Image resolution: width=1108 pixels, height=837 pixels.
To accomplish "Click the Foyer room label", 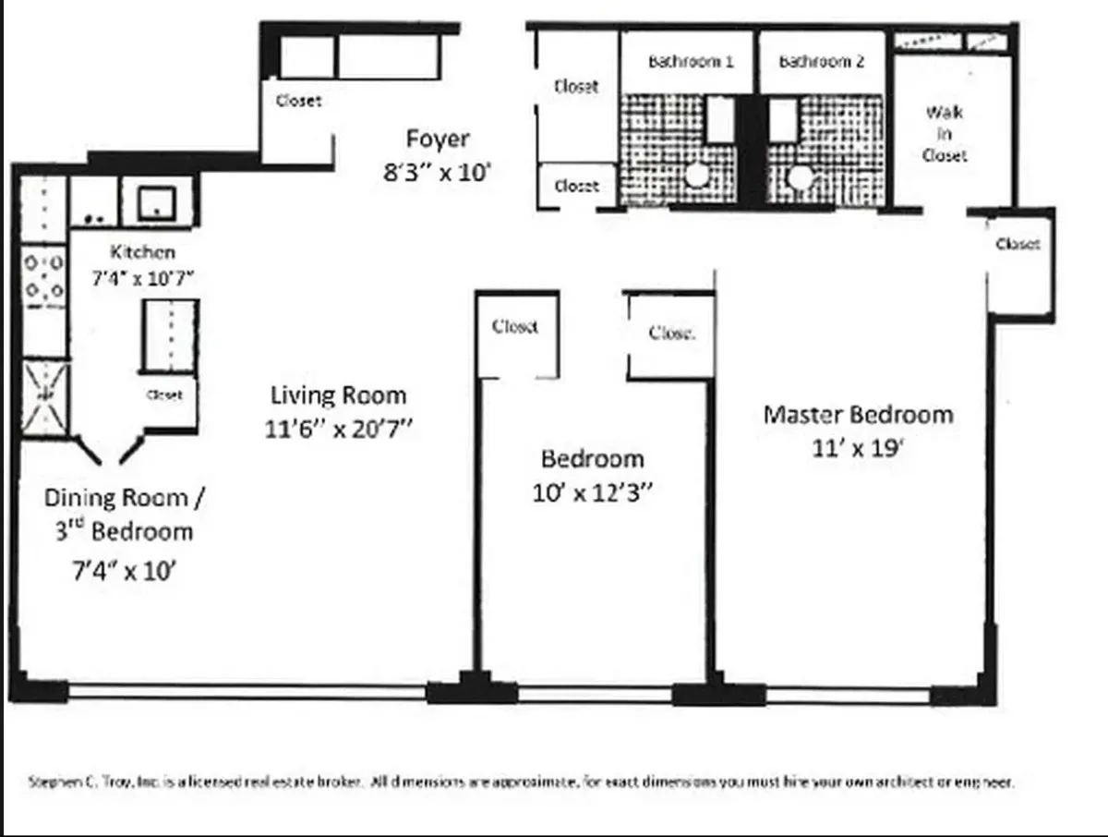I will (438, 139).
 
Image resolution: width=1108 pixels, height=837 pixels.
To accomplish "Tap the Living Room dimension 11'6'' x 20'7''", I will (338, 430).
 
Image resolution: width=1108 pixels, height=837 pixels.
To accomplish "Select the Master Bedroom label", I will (858, 414).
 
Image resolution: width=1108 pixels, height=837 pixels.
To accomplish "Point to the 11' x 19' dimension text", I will (858, 448).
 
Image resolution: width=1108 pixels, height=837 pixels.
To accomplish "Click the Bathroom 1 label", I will (691, 62).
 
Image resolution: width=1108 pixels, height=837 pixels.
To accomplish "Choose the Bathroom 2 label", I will (822, 62).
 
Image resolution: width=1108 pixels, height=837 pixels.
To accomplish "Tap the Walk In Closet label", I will (944, 134).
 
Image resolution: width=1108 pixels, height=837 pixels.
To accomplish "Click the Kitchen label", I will (142, 251).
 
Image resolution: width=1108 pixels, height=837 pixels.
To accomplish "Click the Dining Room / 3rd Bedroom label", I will (125, 514).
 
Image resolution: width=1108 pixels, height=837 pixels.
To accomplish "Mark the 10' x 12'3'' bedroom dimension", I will (592, 493).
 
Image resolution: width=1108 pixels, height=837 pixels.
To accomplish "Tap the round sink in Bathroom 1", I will (699, 175).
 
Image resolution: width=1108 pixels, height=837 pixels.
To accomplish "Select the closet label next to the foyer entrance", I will (298, 101).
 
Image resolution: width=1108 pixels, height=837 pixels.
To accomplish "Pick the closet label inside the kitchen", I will (164, 394).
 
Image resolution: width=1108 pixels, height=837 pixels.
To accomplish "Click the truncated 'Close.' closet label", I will (671, 333).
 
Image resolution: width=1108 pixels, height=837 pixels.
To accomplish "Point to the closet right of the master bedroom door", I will (1018, 244).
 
